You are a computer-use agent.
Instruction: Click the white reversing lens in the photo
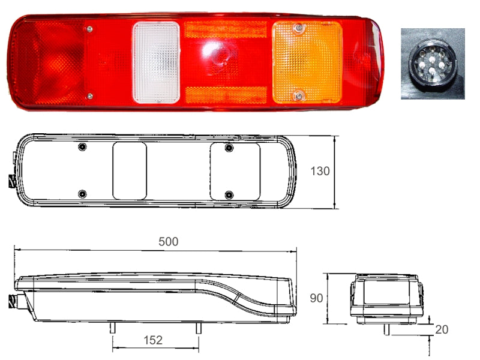(x=156, y=62)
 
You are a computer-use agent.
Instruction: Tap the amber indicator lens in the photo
(x=307, y=62)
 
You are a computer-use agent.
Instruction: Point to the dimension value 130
(x=320, y=171)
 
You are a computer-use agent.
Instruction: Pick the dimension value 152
(x=153, y=340)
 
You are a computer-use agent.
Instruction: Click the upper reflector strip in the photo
(x=226, y=30)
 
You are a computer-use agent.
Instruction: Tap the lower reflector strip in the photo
(x=226, y=94)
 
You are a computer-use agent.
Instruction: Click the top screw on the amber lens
(x=297, y=28)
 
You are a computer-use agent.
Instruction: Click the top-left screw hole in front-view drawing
(x=82, y=148)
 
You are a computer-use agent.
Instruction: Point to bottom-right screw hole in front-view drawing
(x=229, y=194)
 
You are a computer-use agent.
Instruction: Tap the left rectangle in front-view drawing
(x=130, y=171)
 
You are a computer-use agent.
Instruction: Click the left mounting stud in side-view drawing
(x=112, y=328)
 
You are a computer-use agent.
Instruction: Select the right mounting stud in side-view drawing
(x=197, y=328)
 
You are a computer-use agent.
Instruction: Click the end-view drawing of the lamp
(x=386, y=299)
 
